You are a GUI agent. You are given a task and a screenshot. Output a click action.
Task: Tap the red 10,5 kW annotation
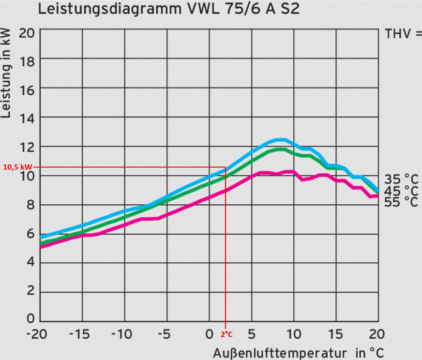18,167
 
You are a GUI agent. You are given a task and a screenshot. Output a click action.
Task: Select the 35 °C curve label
401,178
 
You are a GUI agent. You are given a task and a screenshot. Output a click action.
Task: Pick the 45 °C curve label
401,191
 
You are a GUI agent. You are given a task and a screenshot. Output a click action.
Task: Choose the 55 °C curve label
401,202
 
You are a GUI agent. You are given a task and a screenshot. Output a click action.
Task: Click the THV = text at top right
403,34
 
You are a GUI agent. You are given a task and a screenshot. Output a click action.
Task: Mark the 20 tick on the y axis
27,34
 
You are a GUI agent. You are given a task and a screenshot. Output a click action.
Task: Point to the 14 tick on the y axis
27,117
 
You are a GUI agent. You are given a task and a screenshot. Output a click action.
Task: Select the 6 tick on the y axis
29,234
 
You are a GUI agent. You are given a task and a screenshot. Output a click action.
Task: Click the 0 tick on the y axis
30,320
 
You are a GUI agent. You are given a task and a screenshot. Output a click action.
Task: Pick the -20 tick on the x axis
39,334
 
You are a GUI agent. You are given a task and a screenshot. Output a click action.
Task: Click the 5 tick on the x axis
251,334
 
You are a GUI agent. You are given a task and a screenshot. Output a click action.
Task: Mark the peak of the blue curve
279,140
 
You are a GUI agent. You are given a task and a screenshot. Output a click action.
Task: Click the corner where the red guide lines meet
226,167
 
